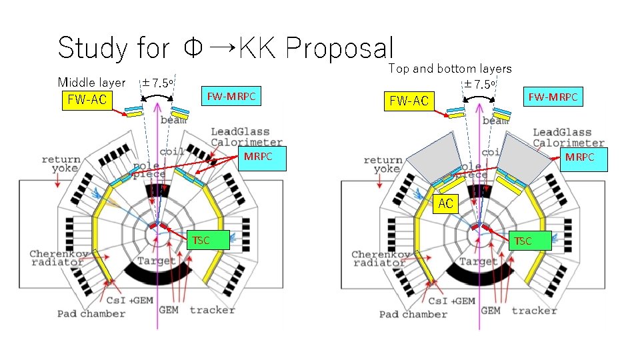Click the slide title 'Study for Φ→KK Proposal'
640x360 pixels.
tap(226, 47)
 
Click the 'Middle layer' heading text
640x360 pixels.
tap(91, 83)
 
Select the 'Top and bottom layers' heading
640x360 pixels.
tap(450, 68)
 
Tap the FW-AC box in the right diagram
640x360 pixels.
tap(409, 101)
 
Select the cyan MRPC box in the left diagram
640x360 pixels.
tap(257, 157)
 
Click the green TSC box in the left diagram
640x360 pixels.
tap(209, 240)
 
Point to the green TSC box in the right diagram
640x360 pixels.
tap(523, 241)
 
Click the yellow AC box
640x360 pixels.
tap(446, 204)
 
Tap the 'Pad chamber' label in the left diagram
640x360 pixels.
tap(91, 313)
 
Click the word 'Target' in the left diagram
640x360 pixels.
tap(156, 261)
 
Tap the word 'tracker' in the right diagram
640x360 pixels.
tap(534, 310)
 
